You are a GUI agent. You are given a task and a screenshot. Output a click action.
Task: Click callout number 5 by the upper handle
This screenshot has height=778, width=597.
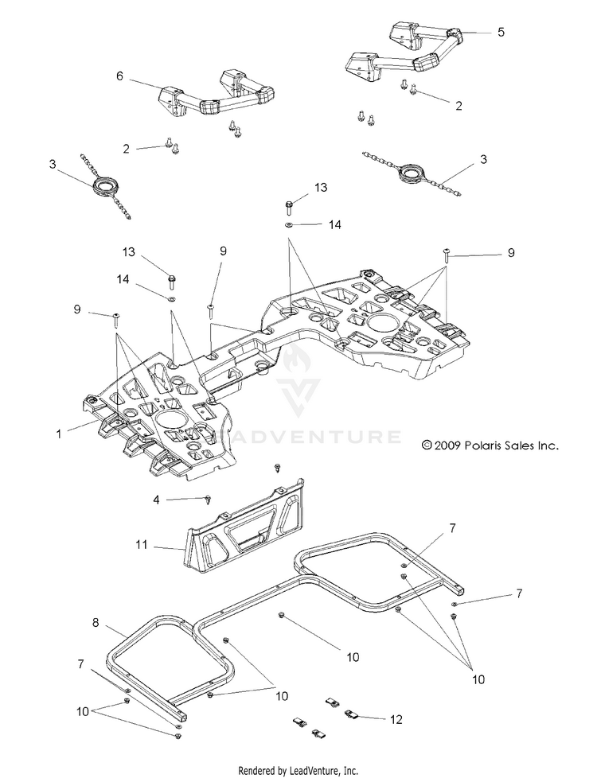[501, 32]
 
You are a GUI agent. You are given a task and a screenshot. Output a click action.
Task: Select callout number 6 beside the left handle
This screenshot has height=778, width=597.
[119, 76]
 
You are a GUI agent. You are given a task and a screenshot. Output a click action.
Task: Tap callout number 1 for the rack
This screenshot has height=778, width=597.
[59, 434]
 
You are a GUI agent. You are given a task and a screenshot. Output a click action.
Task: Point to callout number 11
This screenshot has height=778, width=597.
[142, 545]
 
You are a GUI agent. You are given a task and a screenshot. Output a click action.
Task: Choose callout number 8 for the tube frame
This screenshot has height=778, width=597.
[96, 622]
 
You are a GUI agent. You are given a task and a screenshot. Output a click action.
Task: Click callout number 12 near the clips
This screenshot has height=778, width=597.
[396, 719]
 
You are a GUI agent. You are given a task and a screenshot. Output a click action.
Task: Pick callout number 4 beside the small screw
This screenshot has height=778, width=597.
[157, 500]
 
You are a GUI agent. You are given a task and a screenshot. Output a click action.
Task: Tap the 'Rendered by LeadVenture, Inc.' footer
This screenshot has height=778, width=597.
[298, 771]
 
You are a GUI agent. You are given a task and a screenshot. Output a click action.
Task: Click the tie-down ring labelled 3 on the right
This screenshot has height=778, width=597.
[412, 173]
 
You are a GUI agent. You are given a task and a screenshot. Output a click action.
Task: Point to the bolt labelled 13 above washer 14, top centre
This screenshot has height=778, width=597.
[289, 204]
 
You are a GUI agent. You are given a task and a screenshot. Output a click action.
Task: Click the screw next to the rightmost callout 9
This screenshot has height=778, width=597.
[446, 255]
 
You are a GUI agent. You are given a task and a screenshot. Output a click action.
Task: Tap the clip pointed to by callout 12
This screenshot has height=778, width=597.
[352, 714]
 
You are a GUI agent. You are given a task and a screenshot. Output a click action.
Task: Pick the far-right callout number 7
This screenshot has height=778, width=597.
[519, 593]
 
